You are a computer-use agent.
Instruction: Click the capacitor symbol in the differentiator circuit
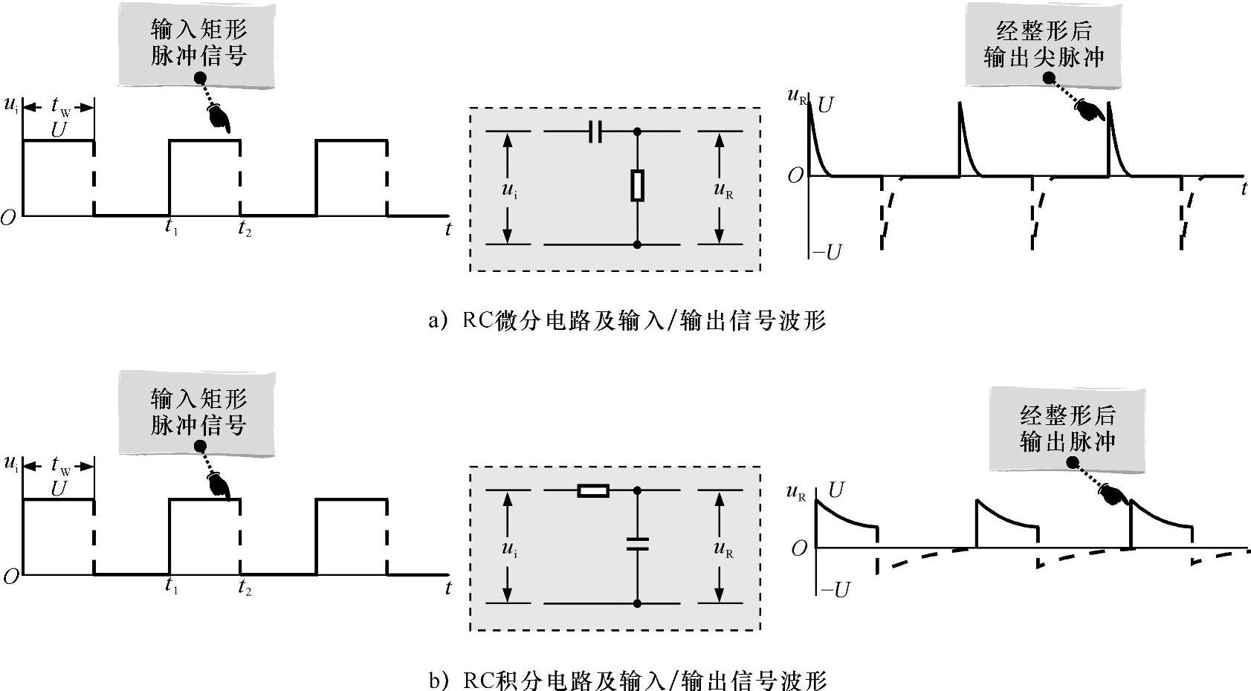[x=595, y=132]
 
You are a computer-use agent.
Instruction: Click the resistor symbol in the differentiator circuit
[x=637, y=186]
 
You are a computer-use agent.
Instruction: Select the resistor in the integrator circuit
[x=594, y=490]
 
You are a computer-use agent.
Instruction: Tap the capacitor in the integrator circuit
[x=637, y=544]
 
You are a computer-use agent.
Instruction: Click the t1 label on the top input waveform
[x=172, y=228]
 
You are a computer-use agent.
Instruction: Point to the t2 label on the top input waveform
[x=245, y=229]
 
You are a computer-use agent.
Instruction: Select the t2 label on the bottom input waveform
[x=245, y=588]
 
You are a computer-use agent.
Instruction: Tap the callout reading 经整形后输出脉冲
[x=1067, y=428]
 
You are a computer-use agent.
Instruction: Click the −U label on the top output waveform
[x=827, y=253]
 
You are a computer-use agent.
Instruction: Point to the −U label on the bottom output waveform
[x=834, y=590]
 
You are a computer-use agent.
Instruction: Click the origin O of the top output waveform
[x=795, y=176]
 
